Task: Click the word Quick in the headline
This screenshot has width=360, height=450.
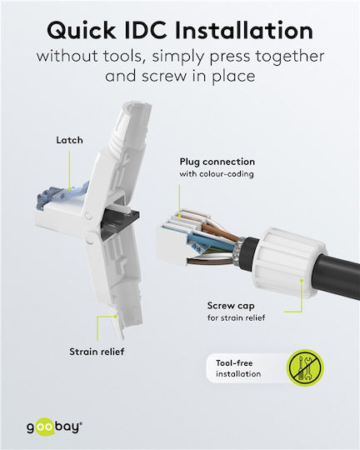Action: (82, 31)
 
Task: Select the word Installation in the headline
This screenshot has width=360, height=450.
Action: (243, 30)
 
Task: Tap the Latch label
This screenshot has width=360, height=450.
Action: (69, 140)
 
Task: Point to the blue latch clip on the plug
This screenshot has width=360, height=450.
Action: (62, 195)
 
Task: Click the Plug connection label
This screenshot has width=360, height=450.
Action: (217, 162)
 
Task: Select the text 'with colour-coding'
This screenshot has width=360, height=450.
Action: (217, 174)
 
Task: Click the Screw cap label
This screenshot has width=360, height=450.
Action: (231, 306)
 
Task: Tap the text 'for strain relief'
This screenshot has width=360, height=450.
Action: (237, 317)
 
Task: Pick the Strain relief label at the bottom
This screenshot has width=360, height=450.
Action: (97, 352)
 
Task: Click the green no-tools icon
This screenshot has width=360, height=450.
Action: (305, 367)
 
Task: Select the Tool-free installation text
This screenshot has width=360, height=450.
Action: (238, 368)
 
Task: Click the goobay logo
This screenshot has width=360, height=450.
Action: (54, 427)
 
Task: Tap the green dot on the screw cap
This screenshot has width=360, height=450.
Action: (302, 279)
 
